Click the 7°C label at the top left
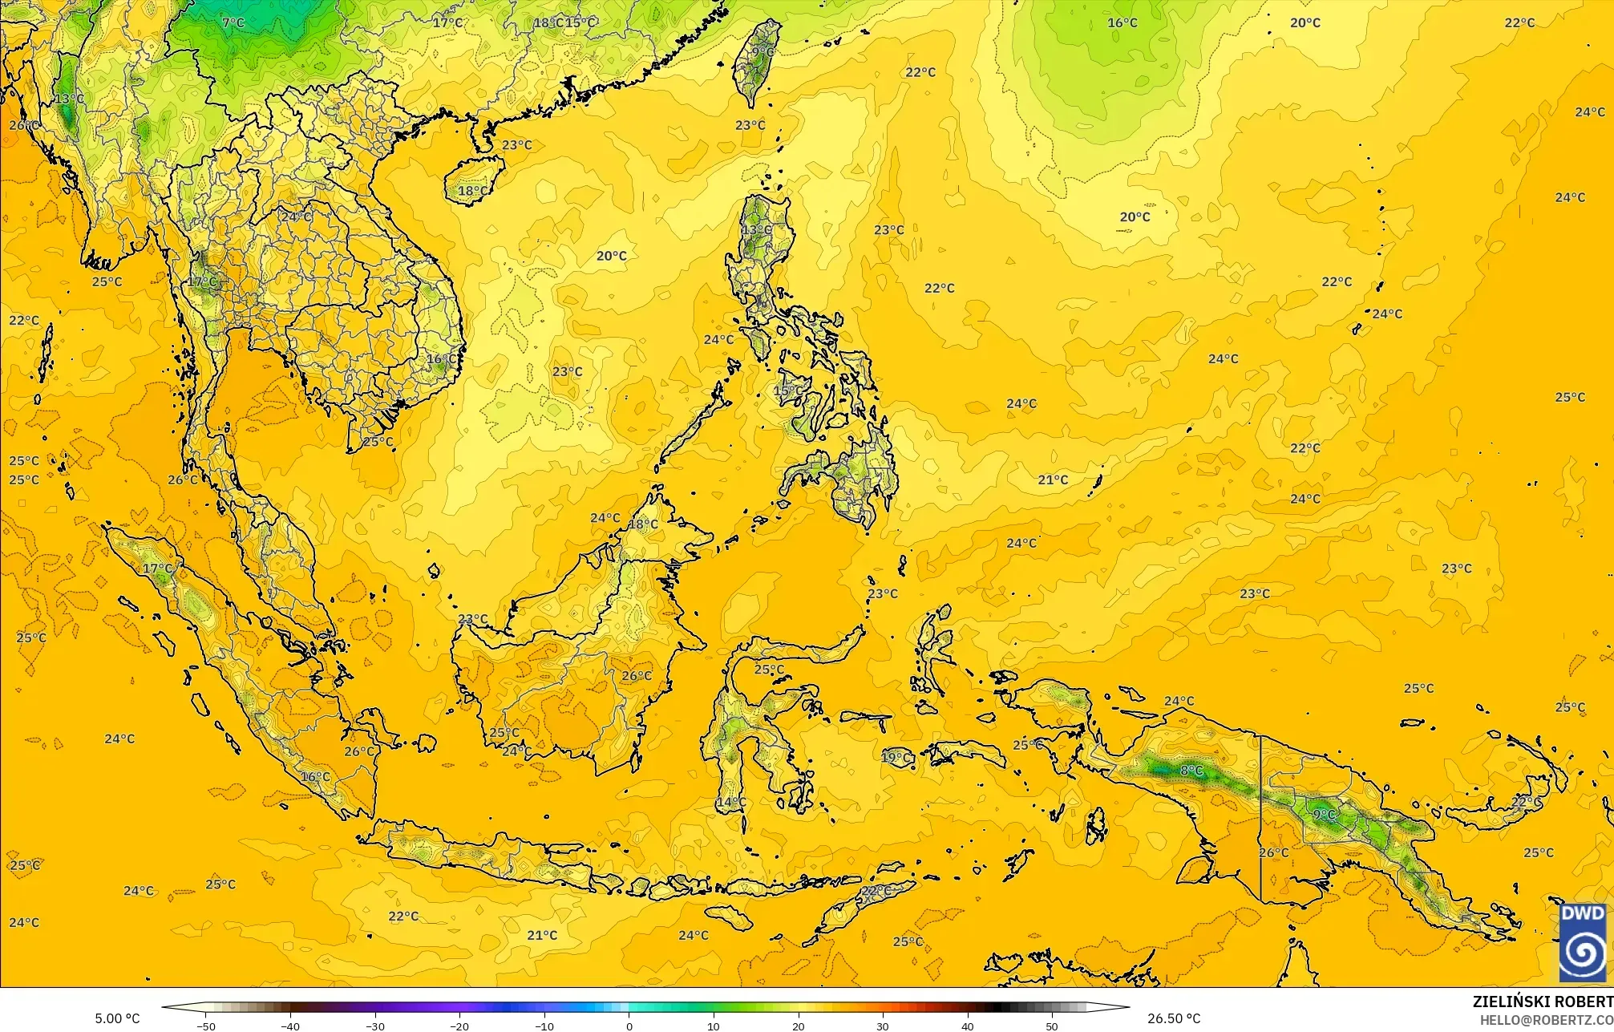[233, 22]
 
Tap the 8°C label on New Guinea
[1191, 771]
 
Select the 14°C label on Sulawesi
[731, 802]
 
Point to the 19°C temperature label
[896, 757]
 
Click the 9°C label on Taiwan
[763, 52]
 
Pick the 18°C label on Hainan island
[471, 191]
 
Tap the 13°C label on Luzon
[756, 230]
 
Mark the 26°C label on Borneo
[637, 676]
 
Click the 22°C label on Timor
[876, 891]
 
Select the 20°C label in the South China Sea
[611, 256]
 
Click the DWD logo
[1582, 942]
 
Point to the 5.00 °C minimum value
[117, 1018]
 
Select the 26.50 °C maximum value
[1174, 1018]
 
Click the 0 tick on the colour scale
[629, 1026]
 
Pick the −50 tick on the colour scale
[206, 1026]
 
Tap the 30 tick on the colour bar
[883, 1026]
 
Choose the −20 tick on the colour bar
[459, 1026]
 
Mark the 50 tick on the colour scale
[1052, 1026]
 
